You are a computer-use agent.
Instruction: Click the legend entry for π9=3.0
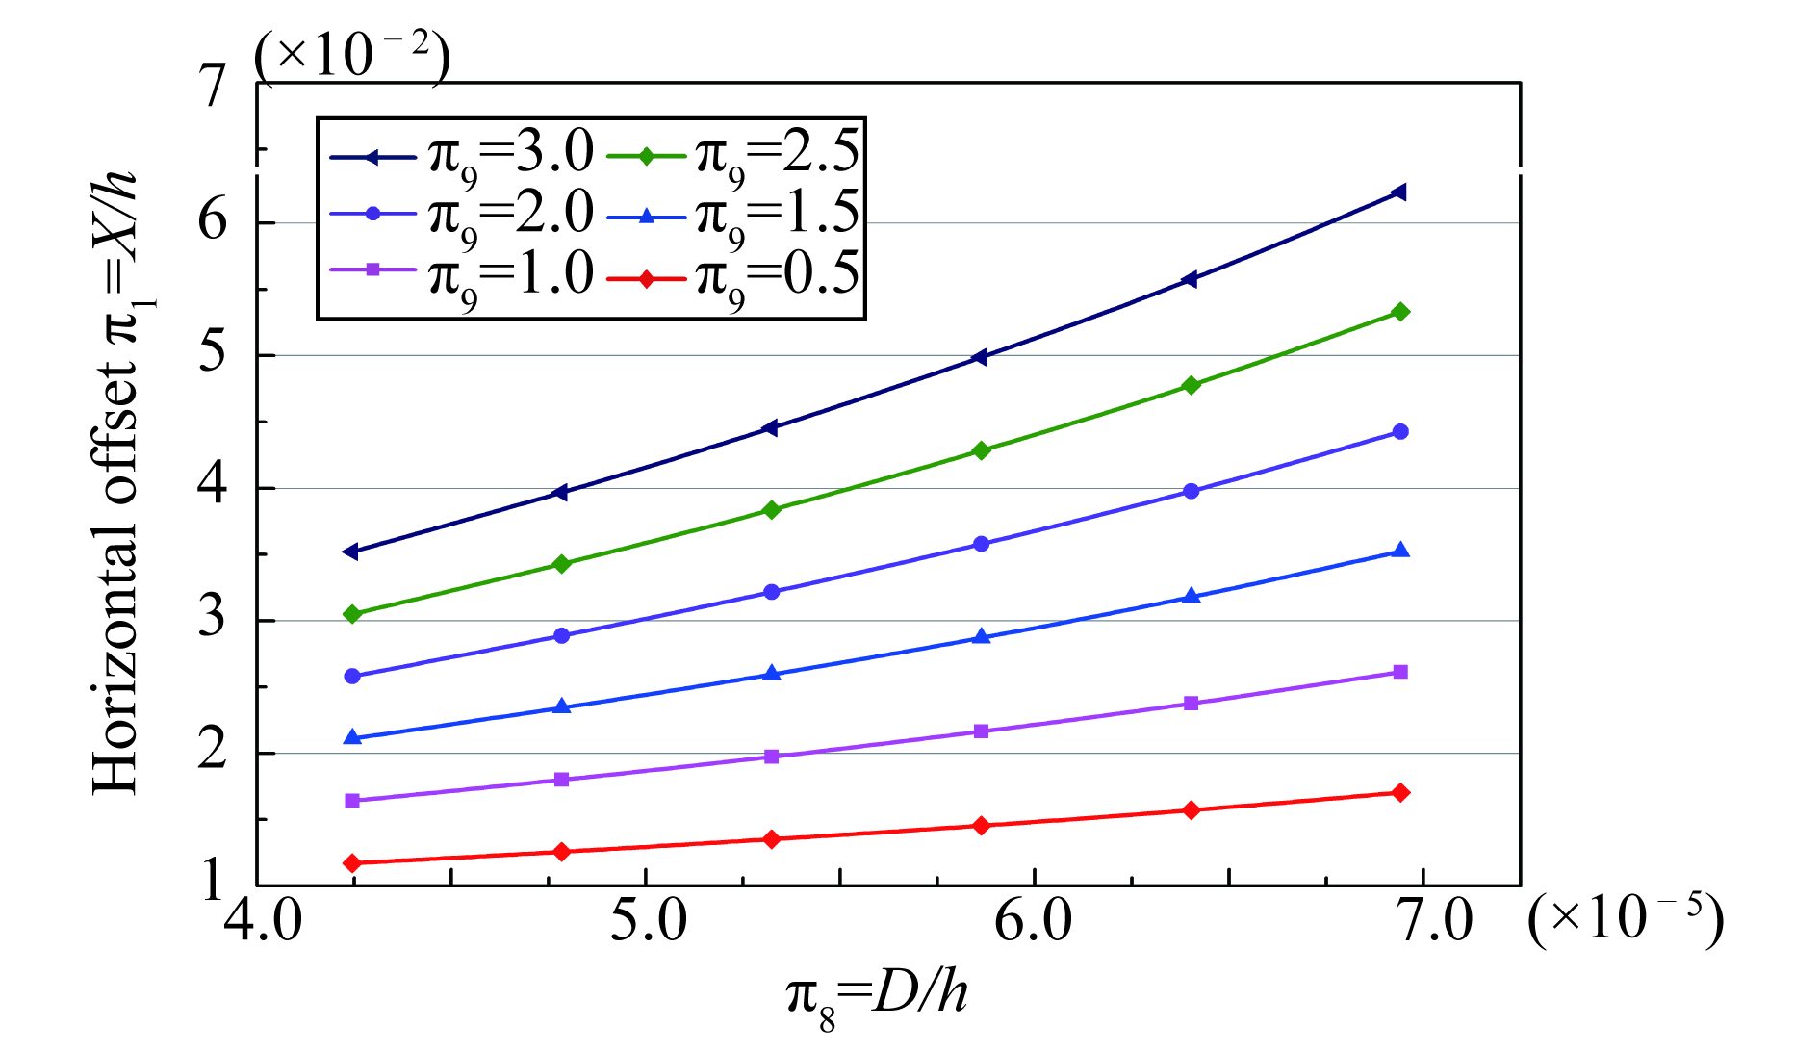click(462, 154)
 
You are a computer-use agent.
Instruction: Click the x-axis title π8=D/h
click(877, 995)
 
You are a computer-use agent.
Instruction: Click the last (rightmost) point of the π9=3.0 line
click(1399, 192)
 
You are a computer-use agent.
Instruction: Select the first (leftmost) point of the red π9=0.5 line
click(352, 862)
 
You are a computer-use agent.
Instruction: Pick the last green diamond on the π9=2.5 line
click(1400, 312)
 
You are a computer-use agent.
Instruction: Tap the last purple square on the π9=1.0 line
click(1400, 672)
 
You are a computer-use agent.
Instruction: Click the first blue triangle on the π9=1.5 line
click(352, 737)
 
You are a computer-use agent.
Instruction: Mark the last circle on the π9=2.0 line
click(1400, 432)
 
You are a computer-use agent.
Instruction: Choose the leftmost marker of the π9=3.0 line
click(351, 552)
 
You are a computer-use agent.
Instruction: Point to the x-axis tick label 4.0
click(263, 920)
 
